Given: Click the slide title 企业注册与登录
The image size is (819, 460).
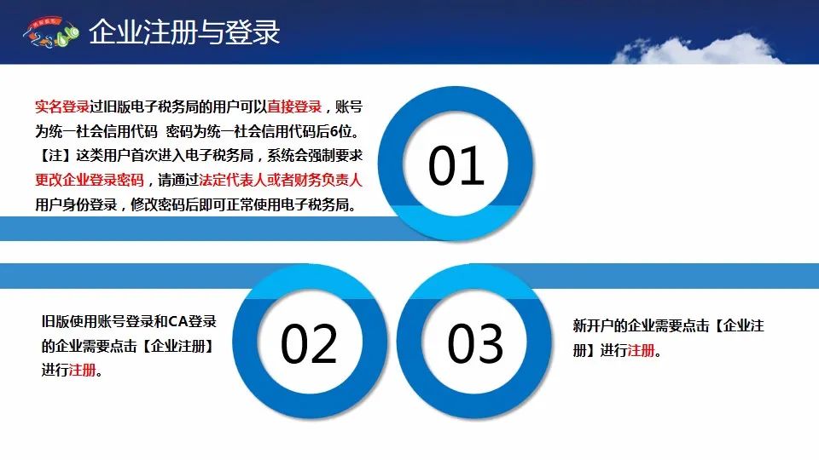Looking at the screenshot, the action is pyautogui.click(x=184, y=32).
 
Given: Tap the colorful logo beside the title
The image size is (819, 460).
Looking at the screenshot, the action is pyautogui.click(x=50, y=32).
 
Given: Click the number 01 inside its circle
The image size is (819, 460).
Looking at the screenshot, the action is pyautogui.click(x=456, y=166).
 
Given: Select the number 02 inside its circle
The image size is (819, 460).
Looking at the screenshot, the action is pyautogui.click(x=309, y=343).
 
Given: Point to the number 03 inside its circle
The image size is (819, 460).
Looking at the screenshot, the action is pyautogui.click(x=475, y=343).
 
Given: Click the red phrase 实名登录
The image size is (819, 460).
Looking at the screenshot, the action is pyautogui.click(x=62, y=107).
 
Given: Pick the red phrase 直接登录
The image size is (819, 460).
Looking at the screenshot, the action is pyautogui.click(x=294, y=107).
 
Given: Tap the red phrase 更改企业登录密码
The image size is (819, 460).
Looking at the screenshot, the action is pyautogui.click(x=90, y=180).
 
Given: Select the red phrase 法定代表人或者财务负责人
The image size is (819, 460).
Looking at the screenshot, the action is pyautogui.click(x=281, y=180).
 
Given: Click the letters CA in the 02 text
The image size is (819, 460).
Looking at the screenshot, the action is pyautogui.click(x=177, y=321).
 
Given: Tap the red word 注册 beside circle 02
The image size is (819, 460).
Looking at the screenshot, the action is pyautogui.click(x=83, y=371).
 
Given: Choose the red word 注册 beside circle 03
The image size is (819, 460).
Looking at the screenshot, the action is pyautogui.click(x=641, y=350).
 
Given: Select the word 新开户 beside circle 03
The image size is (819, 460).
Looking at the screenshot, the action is pyautogui.click(x=594, y=326).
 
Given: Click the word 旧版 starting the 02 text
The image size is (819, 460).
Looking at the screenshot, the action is pyautogui.click(x=55, y=321).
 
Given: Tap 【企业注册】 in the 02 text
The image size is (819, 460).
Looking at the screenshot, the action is pyautogui.click(x=178, y=346).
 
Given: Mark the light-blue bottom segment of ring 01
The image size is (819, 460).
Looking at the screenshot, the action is pyautogui.click(x=456, y=223).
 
